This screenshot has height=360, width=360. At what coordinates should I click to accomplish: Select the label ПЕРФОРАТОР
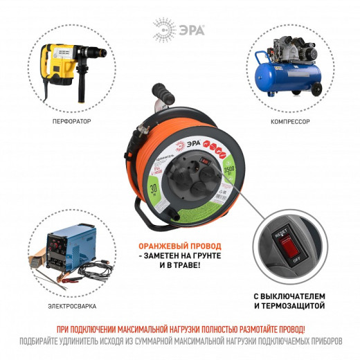coord(71,121)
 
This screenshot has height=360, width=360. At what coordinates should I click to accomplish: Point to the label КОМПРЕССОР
coord(290,121)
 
